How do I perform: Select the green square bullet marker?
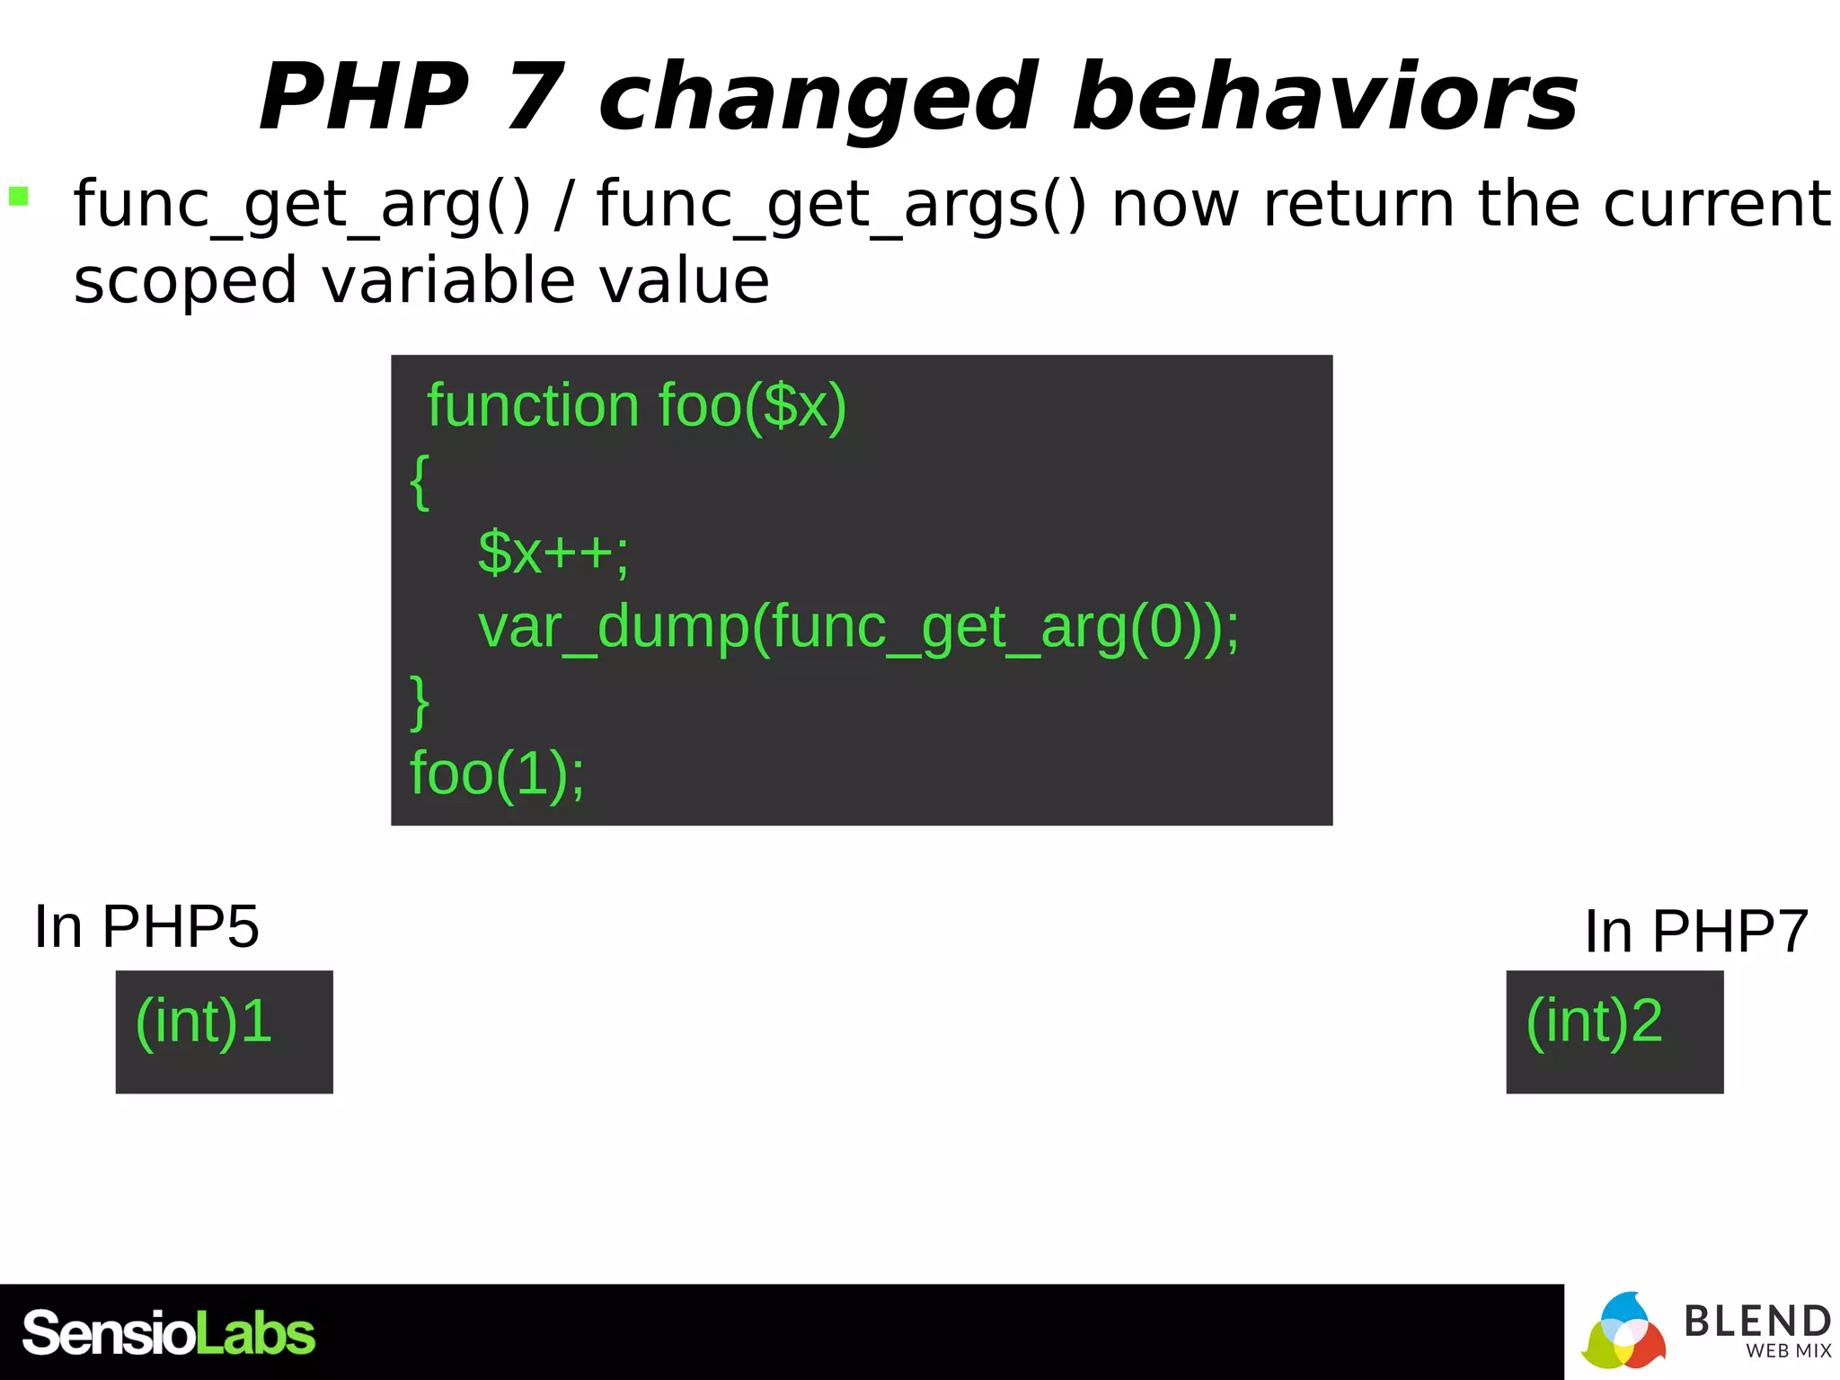[19, 196]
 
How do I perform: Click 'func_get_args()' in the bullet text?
[841, 205]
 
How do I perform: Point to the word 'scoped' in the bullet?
[185, 282]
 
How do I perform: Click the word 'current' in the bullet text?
[1716, 204]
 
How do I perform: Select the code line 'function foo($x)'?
[636, 406]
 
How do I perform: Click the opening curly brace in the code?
[420, 482]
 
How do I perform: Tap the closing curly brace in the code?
[420, 701]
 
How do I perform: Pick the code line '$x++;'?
[553, 553]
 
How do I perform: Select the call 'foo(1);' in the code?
[497, 774]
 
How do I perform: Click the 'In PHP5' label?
[146, 927]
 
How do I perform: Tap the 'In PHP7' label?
[1695, 932]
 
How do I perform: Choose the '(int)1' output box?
[224, 1031]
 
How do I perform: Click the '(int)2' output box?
[1614, 1031]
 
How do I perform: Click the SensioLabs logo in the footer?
[168, 1333]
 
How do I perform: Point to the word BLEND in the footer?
[1756, 1321]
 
